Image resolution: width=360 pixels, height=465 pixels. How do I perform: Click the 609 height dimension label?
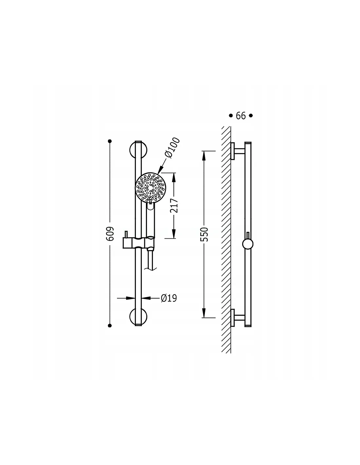pyautogui.click(x=110, y=234)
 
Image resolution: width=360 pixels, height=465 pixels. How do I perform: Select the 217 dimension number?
pyautogui.click(x=174, y=206)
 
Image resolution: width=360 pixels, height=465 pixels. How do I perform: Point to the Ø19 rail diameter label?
pyautogui.click(x=169, y=298)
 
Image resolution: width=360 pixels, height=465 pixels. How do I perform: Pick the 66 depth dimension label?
pyautogui.click(x=241, y=116)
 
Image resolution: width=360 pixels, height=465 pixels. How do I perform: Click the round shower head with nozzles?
pyautogui.click(x=150, y=187)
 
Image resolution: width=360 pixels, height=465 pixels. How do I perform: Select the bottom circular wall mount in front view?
pyautogui.click(x=138, y=317)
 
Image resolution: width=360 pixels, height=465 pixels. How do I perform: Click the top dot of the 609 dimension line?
pyautogui.click(x=110, y=141)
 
